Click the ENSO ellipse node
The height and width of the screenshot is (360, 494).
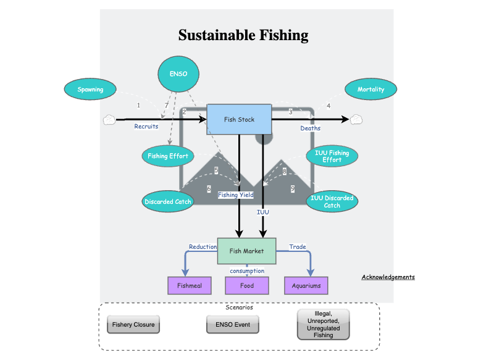[178, 74]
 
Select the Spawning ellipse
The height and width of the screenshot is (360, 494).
[90, 90]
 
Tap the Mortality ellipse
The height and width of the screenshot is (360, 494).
[371, 90]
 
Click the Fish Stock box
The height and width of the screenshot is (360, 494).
[239, 119]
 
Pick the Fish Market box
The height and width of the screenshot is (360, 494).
[246, 251]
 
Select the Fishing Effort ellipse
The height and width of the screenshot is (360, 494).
[168, 156]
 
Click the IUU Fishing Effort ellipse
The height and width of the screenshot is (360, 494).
[332, 156]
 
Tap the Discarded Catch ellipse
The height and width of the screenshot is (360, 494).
[168, 201]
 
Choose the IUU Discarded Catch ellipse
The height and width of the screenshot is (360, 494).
[332, 201]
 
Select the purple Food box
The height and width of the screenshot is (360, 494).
[247, 286]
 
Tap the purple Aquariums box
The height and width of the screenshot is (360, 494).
[306, 286]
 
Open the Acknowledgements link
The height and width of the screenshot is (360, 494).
[388, 277]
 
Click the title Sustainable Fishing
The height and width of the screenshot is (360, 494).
[243, 35]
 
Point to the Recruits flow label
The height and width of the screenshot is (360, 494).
[146, 127]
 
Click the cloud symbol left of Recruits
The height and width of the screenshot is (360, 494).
[109, 120]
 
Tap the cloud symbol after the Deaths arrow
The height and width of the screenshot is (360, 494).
[356, 120]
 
